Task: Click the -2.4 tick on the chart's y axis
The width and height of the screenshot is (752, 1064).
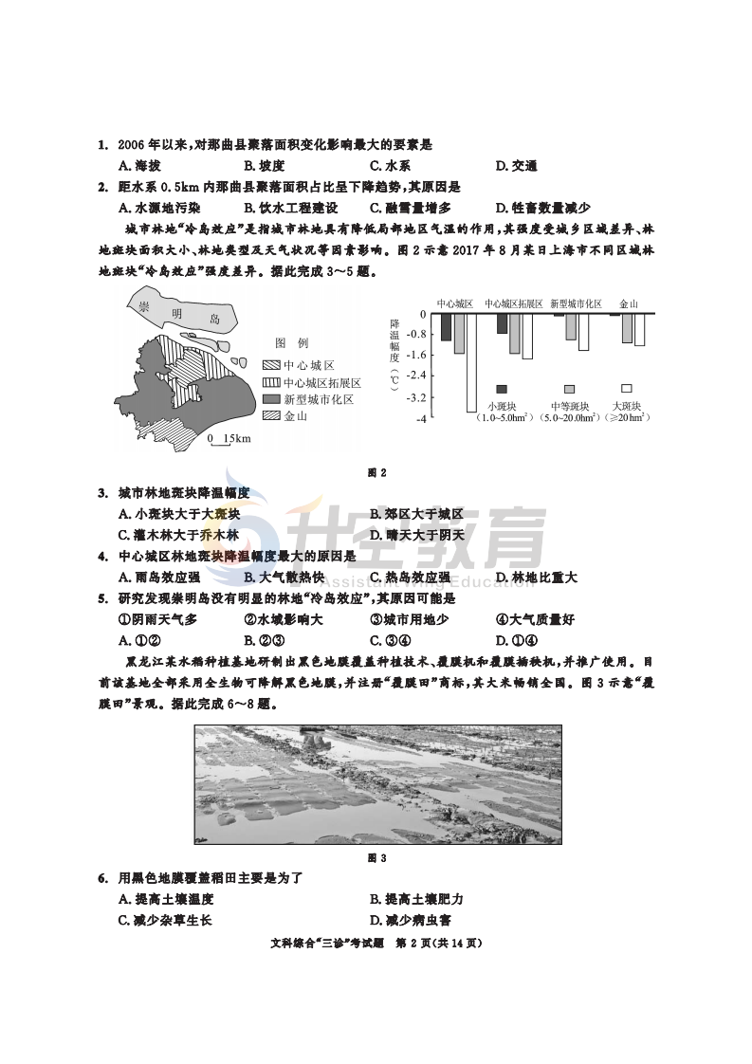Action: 414,376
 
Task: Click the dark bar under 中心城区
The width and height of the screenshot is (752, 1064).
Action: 446,327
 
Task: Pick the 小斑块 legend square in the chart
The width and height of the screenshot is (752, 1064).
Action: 502,389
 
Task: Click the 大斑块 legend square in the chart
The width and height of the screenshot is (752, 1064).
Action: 627,389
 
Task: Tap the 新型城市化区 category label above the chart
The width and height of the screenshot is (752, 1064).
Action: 576,304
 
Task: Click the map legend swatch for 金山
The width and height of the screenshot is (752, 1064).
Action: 271,415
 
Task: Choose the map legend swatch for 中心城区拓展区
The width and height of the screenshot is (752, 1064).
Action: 271,382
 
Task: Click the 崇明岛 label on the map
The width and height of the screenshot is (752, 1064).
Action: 180,313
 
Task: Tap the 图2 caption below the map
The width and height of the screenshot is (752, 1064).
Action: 376,471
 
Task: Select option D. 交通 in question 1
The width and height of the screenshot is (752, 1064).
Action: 516,166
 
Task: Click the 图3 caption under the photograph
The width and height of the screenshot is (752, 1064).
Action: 376,858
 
